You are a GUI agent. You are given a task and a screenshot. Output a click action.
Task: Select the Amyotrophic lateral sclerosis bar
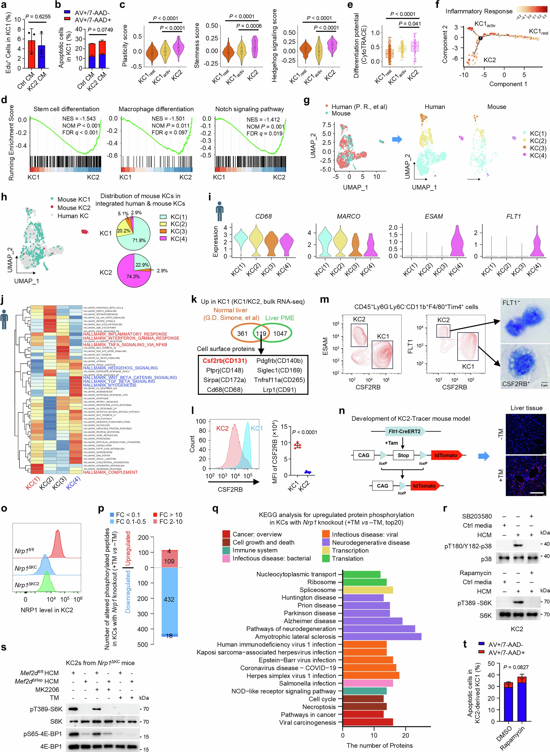coord(382,636)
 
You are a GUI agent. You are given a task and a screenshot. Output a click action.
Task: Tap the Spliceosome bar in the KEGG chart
coord(367,590)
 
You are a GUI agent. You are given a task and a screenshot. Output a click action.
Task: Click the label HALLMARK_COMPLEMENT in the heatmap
coord(110,472)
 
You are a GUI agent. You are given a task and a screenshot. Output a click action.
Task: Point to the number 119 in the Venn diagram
coord(261,334)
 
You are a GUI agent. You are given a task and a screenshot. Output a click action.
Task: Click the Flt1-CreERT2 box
coord(405,431)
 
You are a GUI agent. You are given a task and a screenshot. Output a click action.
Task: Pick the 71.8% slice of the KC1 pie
coord(140,235)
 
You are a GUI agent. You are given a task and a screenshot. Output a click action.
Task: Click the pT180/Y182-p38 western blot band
coord(518,546)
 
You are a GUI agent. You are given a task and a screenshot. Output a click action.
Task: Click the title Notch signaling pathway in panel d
coord(249,109)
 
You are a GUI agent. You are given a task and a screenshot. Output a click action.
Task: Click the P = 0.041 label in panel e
coord(410,24)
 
